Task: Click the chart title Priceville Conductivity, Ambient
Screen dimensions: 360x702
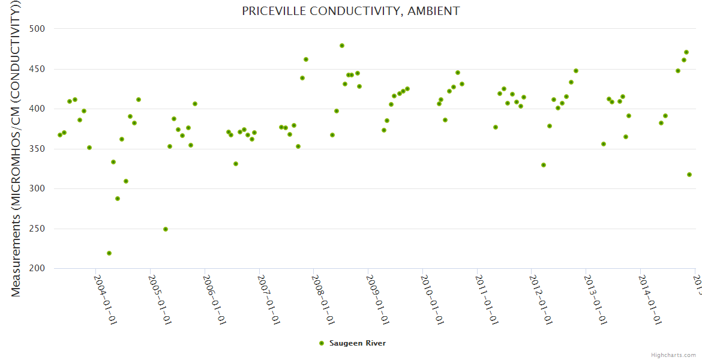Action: [x=351, y=11]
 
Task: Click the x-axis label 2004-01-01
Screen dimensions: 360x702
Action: [x=105, y=299]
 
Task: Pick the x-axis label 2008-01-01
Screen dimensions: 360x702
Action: [x=323, y=299]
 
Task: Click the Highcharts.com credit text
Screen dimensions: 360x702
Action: [x=673, y=355]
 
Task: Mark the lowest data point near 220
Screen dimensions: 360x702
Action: [x=109, y=253]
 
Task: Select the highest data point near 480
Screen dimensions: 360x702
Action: [x=342, y=46]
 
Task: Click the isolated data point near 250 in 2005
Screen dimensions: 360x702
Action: [x=166, y=229]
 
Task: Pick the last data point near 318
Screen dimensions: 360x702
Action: [x=689, y=175]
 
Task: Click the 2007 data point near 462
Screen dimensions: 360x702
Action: [x=306, y=59]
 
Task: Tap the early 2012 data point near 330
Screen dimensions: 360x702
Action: [x=544, y=165]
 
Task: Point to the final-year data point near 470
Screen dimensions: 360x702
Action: [x=686, y=52]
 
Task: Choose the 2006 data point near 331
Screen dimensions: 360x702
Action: [x=236, y=164]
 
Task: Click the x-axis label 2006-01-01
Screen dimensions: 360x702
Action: [x=214, y=299]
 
